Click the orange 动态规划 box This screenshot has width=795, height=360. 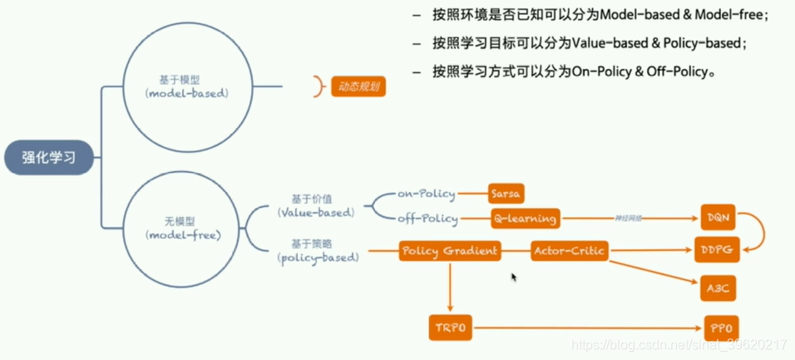point(358,86)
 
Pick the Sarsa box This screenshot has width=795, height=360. point(505,194)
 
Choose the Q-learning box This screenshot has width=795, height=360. point(524,219)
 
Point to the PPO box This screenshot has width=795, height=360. point(719,328)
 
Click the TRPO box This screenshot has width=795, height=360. point(450,328)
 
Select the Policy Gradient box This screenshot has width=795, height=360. point(450,249)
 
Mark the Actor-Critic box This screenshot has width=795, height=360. point(570,249)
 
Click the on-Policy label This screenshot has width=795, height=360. point(427,194)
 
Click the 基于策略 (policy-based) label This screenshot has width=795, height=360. point(318,249)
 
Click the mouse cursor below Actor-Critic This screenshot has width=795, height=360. point(513,277)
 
